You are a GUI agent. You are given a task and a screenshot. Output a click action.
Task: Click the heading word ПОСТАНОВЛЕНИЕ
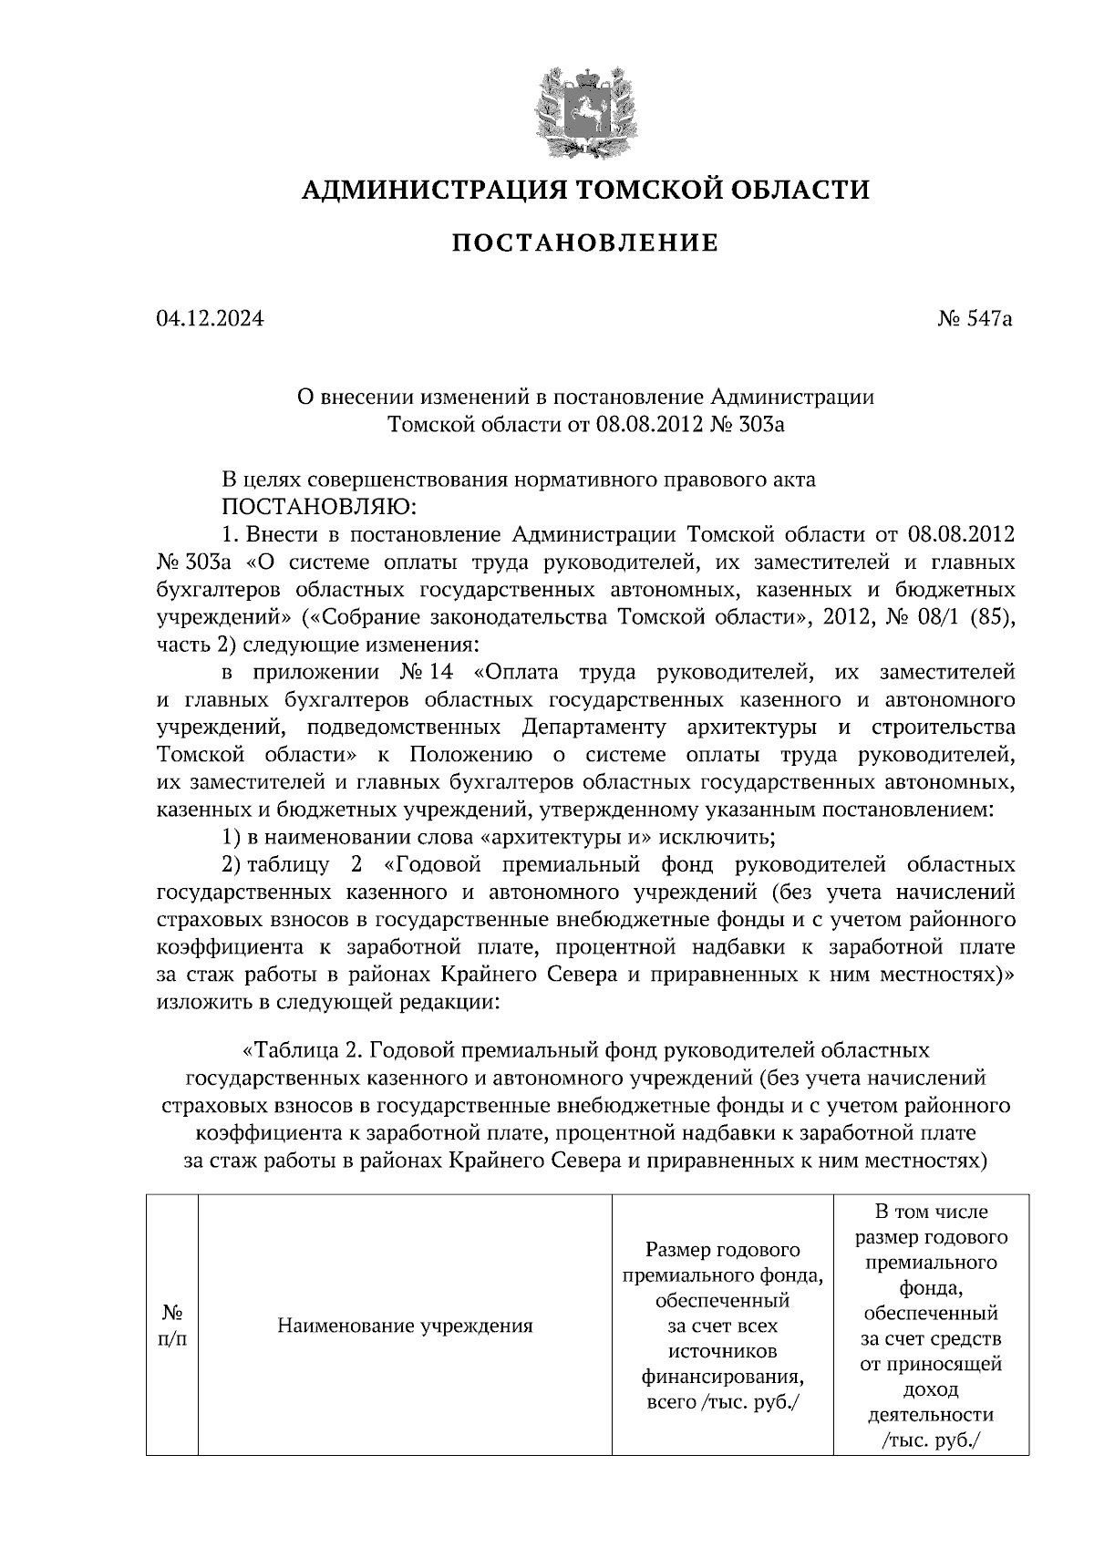(585, 243)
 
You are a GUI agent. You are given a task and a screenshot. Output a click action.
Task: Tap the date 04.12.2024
(210, 319)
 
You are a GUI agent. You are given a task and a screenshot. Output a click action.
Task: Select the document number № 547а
(974, 319)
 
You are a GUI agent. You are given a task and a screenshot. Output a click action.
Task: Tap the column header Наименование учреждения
(405, 1326)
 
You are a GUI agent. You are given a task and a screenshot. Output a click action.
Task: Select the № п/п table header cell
(172, 1326)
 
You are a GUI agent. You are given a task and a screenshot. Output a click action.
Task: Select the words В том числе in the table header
(931, 1212)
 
